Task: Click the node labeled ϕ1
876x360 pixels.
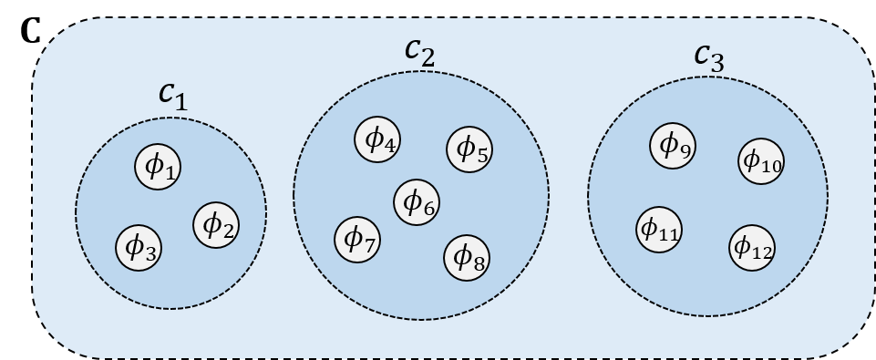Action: (x=159, y=166)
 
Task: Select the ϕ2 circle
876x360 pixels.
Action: (x=217, y=224)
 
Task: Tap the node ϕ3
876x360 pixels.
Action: (x=139, y=246)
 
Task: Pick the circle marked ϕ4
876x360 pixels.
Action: (x=378, y=140)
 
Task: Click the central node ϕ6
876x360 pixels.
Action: (x=417, y=201)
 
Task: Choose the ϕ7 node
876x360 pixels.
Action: (x=358, y=239)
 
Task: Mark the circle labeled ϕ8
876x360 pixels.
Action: (x=468, y=258)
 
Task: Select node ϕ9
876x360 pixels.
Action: (x=674, y=145)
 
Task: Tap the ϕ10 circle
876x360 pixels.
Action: (x=761, y=161)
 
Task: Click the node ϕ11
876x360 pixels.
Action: (x=659, y=228)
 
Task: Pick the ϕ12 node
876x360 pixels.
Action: (x=752, y=247)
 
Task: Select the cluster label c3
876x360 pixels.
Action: (x=708, y=57)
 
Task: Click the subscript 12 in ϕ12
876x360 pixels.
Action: (x=762, y=252)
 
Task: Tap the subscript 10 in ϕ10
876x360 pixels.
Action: (x=771, y=167)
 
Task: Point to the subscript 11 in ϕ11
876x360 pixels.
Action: (x=669, y=234)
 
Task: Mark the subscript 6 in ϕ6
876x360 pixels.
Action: (x=430, y=210)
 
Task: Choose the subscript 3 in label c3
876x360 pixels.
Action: (x=718, y=63)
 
